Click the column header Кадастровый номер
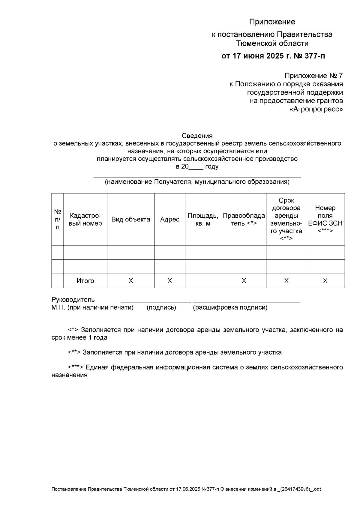pyautogui.click(x=85, y=219)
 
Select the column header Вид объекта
pyautogui.click(x=130, y=219)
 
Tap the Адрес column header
pyautogui.click(x=169, y=219)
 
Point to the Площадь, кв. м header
pyautogui.click(x=203, y=219)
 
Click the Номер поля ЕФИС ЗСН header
pyautogui.click(x=325, y=219)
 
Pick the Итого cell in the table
pyautogui.click(x=85, y=281)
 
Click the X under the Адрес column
pyautogui.click(x=169, y=281)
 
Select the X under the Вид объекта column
pyautogui.click(x=130, y=281)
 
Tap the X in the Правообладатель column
pyautogui.click(x=244, y=281)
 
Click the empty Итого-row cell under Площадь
pyautogui.click(x=203, y=281)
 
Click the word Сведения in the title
pyautogui.click(x=197, y=136)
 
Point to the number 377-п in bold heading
pyautogui.click(x=313, y=56)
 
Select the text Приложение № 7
pyautogui.click(x=313, y=75)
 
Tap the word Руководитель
pyautogui.click(x=73, y=299)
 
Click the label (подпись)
pyautogui.click(x=161, y=307)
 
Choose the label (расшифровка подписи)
pyautogui.click(x=230, y=307)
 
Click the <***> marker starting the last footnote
pyautogui.click(x=76, y=367)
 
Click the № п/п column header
pyautogui.click(x=58, y=219)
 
